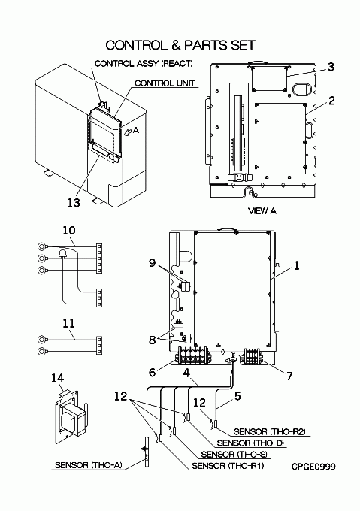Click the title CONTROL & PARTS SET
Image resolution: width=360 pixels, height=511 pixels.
pyautogui.click(x=180, y=45)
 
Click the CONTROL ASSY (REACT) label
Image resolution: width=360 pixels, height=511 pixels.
pyautogui.click(x=144, y=63)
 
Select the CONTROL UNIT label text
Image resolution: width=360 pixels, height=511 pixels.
pyautogui.click(x=165, y=83)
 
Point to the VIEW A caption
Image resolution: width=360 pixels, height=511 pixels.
pyautogui.click(x=262, y=211)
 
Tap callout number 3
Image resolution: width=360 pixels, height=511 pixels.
pyautogui.click(x=331, y=67)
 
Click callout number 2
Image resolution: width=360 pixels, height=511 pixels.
pyautogui.click(x=331, y=101)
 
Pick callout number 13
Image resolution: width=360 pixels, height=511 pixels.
pyautogui.click(x=74, y=203)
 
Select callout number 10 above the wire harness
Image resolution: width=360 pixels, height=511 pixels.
pyautogui.click(x=68, y=231)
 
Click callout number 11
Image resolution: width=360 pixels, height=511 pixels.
pyautogui.click(x=68, y=323)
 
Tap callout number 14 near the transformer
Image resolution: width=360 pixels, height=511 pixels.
pyautogui.click(x=58, y=378)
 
